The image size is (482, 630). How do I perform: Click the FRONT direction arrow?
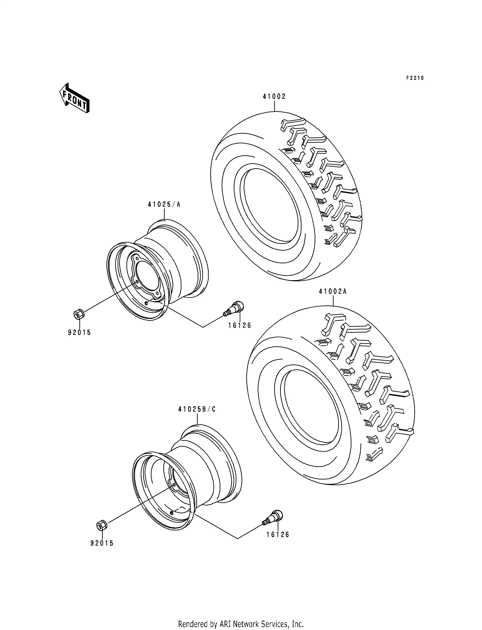point(74,98)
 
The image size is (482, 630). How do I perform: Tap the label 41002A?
point(333,292)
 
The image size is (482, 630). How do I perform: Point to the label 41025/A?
point(164,204)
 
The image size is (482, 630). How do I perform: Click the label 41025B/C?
point(197,409)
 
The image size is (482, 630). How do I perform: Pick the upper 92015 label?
point(79,333)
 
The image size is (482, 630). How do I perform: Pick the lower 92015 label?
point(102,543)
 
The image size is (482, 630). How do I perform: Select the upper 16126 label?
point(240,325)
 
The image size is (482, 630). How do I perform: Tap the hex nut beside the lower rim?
point(101,526)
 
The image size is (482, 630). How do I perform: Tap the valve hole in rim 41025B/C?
point(171,513)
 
